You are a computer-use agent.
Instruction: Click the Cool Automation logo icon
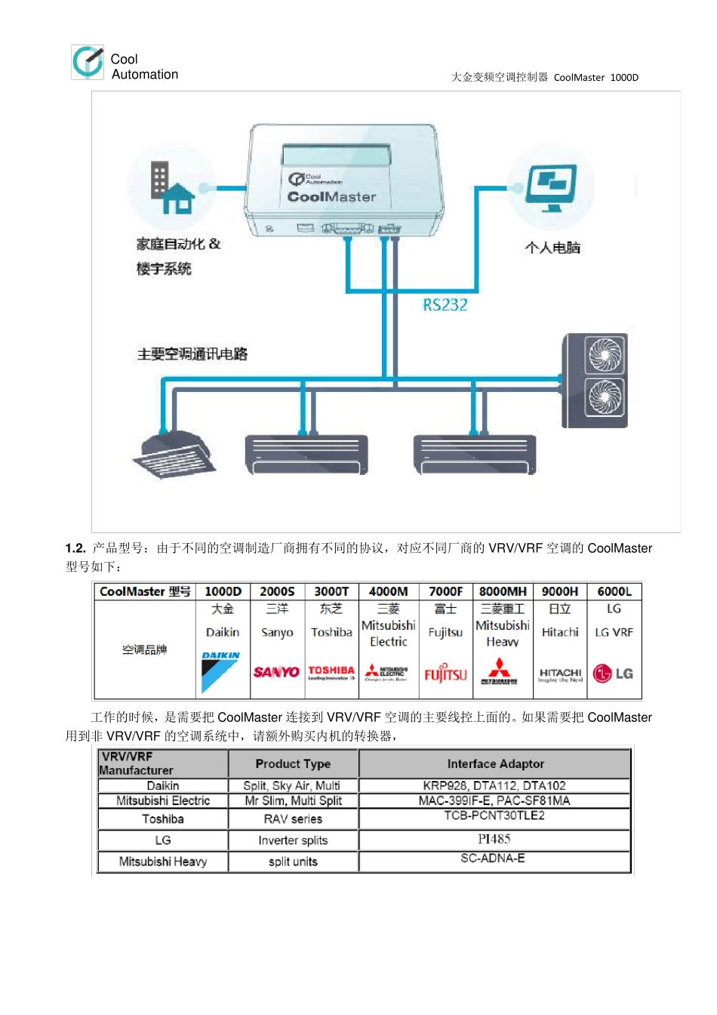[x=88, y=61]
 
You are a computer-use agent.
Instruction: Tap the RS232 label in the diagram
[x=445, y=305]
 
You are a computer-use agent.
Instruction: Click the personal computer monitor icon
[x=551, y=188]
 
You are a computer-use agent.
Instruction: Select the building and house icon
[x=172, y=188]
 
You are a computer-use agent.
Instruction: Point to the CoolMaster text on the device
[x=331, y=196]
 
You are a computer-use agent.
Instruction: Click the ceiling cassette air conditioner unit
[x=174, y=455]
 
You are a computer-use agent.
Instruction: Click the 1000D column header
[x=223, y=591]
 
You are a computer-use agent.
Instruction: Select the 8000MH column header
[x=503, y=591]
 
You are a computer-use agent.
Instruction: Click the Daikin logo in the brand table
[x=220, y=671]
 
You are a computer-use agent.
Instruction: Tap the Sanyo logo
[x=276, y=671]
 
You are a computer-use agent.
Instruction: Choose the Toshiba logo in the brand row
[x=331, y=671]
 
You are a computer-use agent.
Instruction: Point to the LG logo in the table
[x=613, y=674]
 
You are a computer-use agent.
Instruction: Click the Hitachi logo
[x=560, y=674]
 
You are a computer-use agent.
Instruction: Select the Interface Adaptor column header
[x=495, y=764]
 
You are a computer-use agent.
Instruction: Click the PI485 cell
[x=494, y=839]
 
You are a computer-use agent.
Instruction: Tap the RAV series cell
[x=293, y=819]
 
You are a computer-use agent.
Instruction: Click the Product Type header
[x=293, y=764]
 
